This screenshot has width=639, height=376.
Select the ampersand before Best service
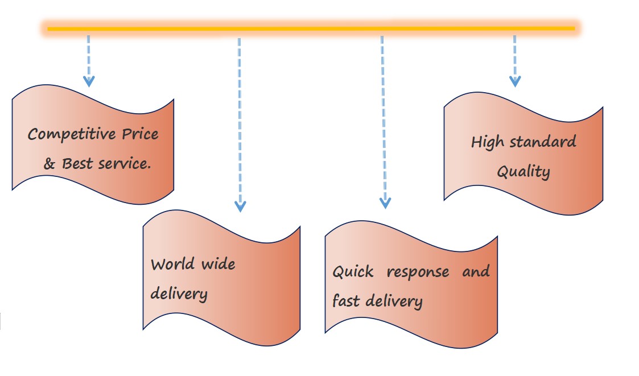[x=50, y=164]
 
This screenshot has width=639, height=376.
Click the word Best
[x=77, y=163]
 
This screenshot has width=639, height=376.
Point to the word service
[x=125, y=163]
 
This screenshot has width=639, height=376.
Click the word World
[x=171, y=264]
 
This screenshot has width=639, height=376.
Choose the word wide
[x=217, y=264]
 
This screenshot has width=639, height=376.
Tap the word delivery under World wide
[x=179, y=294]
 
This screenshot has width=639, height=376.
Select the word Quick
[x=353, y=271]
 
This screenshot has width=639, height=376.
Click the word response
[x=418, y=272]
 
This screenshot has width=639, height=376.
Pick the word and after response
[x=476, y=271]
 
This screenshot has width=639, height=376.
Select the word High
[x=487, y=142]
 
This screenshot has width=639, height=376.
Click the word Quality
[x=523, y=171]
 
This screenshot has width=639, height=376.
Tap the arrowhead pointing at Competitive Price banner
[x=89, y=81]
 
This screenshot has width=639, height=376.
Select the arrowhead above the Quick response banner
[x=385, y=203]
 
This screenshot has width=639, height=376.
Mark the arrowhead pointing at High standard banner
[x=515, y=81]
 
